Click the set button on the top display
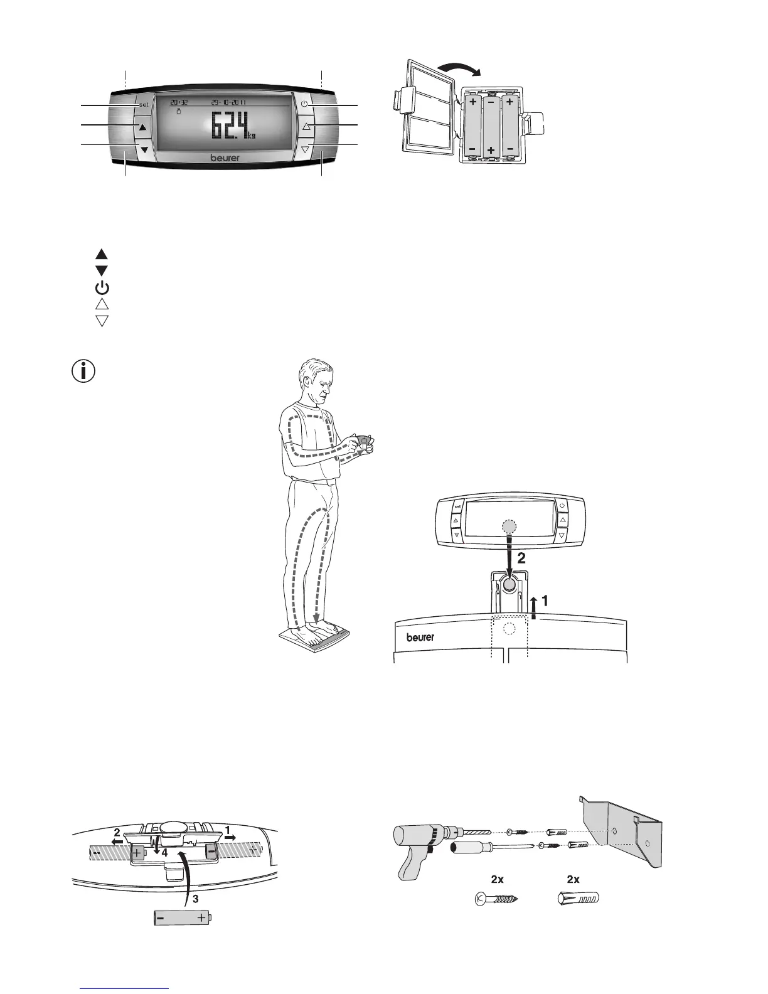pyautogui.click(x=143, y=104)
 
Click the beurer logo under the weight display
pyautogui.click(x=225, y=158)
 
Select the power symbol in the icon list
pyautogui.click(x=102, y=288)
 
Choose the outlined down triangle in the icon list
pyautogui.click(x=102, y=321)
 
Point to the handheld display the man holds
pyautogui.click(x=363, y=441)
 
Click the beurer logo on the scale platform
pyautogui.click(x=420, y=637)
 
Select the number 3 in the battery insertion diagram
pyautogui.click(x=196, y=899)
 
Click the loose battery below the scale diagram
pyautogui.click(x=183, y=918)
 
